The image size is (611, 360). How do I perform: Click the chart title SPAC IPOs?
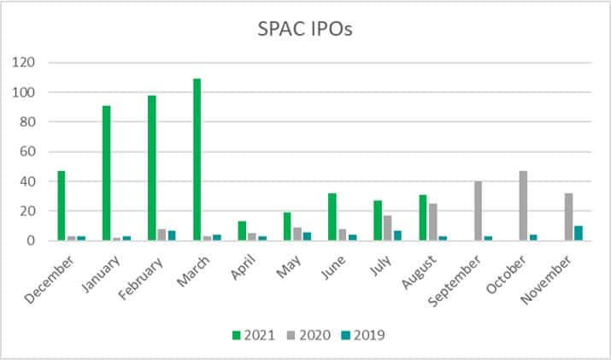pos(305,28)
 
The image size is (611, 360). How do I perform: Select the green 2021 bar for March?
pos(197,160)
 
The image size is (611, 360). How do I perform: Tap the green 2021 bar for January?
pos(105,174)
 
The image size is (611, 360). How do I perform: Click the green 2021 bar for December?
pos(61,206)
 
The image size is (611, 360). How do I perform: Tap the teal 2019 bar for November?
pos(579,233)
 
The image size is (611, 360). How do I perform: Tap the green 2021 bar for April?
pos(242,231)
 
